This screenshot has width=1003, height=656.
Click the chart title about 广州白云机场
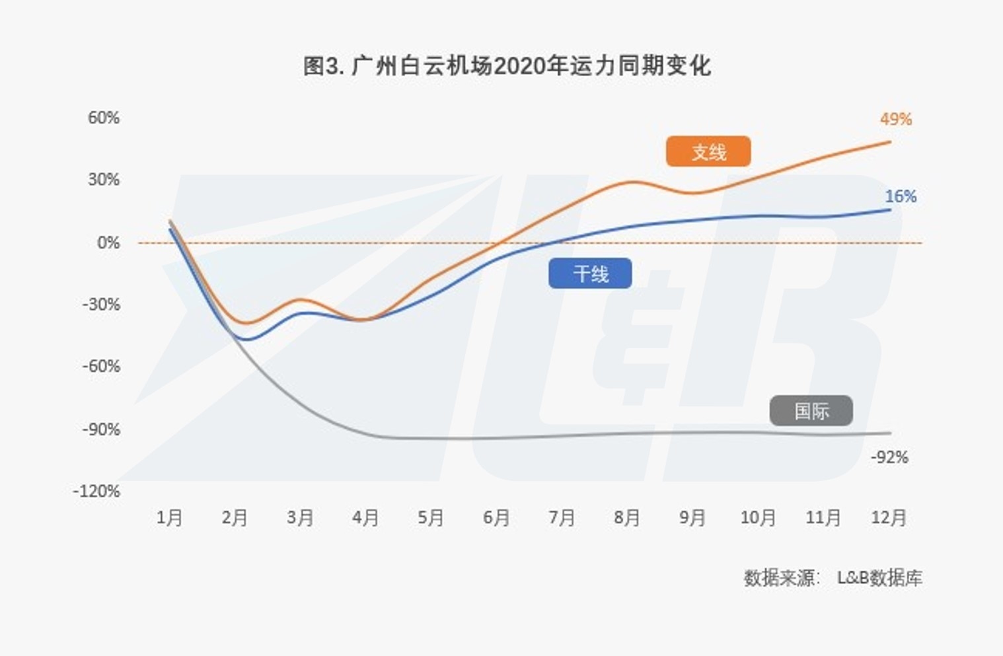(507, 66)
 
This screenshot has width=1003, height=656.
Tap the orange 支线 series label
(708, 152)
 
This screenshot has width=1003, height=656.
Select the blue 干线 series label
(590, 273)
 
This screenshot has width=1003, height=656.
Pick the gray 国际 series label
(811, 411)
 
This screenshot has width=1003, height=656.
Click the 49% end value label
(896, 120)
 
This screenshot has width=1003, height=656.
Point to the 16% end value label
(901, 196)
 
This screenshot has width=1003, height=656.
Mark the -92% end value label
(889, 457)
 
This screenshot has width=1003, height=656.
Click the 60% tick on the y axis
(104, 118)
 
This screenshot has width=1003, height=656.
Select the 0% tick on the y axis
(108, 242)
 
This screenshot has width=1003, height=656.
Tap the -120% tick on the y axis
(96, 491)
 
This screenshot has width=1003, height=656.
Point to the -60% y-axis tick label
(100, 366)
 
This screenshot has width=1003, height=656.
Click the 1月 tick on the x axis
(169, 517)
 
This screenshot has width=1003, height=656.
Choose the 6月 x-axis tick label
(496, 517)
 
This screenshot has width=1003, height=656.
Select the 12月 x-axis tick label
(889, 517)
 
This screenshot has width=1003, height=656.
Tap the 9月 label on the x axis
(692, 517)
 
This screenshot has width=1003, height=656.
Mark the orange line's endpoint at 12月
(890, 142)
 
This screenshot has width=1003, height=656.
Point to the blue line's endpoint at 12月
(890, 210)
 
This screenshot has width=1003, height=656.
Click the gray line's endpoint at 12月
(890, 433)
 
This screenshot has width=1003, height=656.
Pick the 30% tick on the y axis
(104, 180)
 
